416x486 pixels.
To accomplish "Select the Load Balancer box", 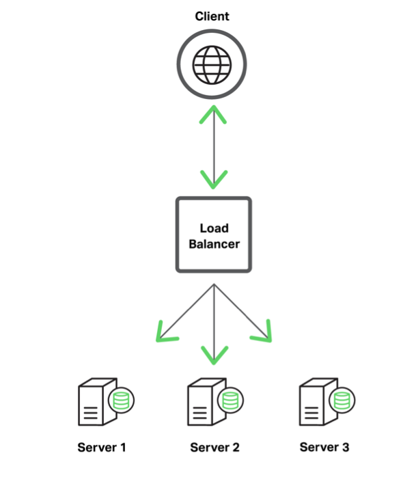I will (214, 234).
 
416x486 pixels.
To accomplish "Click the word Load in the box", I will (214, 228).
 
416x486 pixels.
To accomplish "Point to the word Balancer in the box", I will (214, 243).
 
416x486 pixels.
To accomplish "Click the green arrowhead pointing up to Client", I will (214, 113).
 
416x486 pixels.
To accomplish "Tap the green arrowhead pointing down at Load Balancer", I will (214, 180).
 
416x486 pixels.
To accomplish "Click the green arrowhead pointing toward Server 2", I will (214, 355).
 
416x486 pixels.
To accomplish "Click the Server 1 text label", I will (102, 448).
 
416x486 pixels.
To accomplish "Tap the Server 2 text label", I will (214, 448).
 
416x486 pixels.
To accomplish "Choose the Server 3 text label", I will (324, 447).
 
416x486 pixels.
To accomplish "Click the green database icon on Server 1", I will (120, 401).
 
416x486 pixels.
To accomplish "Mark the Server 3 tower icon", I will (315, 405).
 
